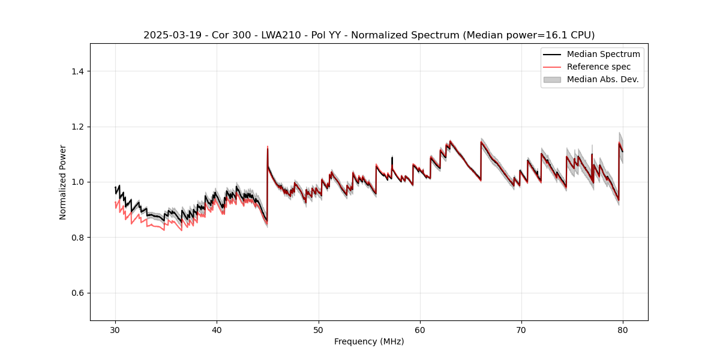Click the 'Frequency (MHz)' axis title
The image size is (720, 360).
click(369, 341)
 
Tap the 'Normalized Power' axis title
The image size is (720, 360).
click(63, 182)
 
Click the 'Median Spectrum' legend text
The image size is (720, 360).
click(603, 54)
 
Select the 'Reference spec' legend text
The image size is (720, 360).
click(599, 67)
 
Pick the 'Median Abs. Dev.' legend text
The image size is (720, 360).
click(602, 79)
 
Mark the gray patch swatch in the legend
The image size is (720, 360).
click(552, 79)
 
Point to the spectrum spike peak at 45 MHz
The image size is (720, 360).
click(268, 148)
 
